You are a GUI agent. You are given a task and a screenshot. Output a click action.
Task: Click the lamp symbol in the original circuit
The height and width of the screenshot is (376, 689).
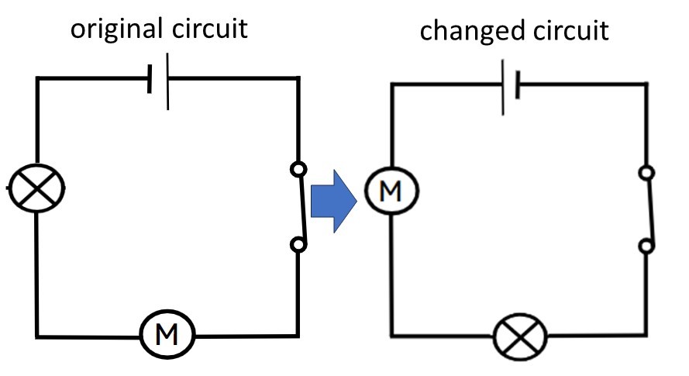click(x=36, y=188)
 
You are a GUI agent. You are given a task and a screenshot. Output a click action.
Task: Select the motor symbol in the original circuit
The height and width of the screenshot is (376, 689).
click(x=167, y=335)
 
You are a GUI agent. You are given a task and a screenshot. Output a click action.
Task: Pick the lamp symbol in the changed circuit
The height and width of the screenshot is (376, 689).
click(x=521, y=337)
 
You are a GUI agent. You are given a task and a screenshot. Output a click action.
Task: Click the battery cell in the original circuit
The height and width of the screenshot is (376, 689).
click(x=158, y=78)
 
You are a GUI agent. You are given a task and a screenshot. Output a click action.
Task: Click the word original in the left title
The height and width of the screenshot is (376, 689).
click(x=116, y=29)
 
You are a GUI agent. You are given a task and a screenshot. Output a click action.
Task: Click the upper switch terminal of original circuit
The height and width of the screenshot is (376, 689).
click(x=298, y=167)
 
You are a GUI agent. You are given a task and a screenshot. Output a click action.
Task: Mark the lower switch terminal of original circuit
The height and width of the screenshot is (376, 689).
click(x=298, y=245)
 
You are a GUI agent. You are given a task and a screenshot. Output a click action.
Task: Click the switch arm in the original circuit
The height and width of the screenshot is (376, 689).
click(x=303, y=206)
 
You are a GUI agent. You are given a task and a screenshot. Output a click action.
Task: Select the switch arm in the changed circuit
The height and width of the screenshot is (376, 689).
click(x=650, y=209)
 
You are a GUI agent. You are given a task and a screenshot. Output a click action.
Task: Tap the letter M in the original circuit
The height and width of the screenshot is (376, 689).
click(x=167, y=335)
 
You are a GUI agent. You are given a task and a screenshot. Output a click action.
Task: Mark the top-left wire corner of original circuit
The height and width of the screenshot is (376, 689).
click(x=37, y=78)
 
